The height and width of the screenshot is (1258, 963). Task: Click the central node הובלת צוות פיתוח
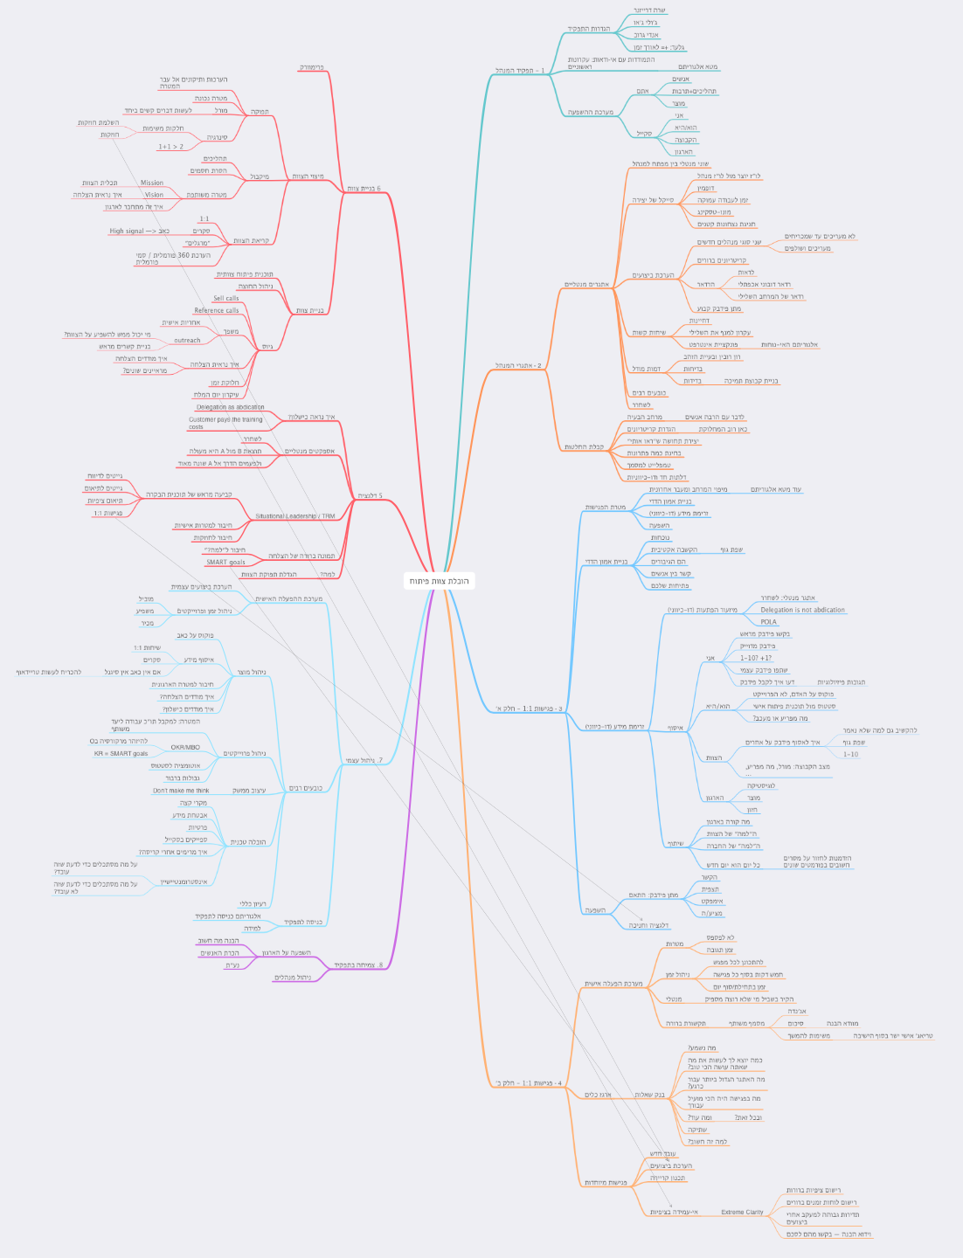click(x=440, y=581)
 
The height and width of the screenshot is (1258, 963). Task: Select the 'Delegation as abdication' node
click(x=230, y=407)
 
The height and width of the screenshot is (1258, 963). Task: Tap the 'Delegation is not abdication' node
click(x=802, y=610)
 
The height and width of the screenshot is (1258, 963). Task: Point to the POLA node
click(x=768, y=622)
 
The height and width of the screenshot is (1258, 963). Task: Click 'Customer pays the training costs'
click(x=225, y=423)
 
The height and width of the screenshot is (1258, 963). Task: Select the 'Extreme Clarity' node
click(x=742, y=1212)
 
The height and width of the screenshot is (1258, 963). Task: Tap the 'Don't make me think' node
click(x=181, y=791)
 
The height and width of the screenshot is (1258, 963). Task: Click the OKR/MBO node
click(x=184, y=748)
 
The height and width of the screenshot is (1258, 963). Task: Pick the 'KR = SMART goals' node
click(x=121, y=753)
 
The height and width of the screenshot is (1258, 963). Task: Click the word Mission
click(x=151, y=183)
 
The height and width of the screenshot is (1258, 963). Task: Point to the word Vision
click(x=154, y=195)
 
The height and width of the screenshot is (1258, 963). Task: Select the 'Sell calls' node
click(x=225, y=298)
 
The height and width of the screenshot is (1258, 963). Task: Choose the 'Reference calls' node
click(x=216, y=310)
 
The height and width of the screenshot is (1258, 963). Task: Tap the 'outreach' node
click(x=187, y=340)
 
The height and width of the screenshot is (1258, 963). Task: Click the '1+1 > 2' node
click(x=170, y=147)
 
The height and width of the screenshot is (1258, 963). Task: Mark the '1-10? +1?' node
click(x=756, y=658)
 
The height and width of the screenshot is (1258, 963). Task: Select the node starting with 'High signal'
click(x=139, y=232)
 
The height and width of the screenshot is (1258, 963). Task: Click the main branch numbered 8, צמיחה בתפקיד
click(x=358, y=964)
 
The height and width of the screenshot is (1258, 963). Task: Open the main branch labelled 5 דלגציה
click(x=370, y=495)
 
